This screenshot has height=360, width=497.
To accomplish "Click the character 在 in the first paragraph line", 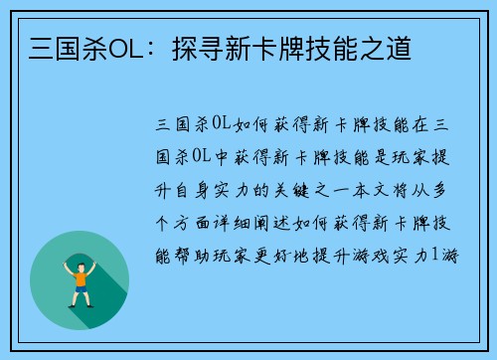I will pyautogui.click(x=419, y=125).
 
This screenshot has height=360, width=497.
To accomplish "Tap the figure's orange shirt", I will pyautogui.click(x=80, y=273).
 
